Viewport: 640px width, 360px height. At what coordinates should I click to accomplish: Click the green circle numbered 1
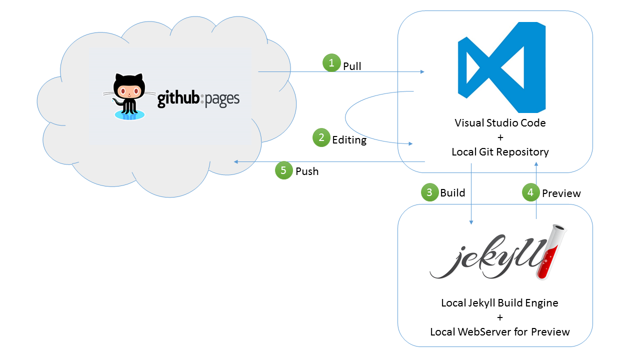tap(331, 63)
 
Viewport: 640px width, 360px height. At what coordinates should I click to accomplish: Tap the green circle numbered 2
tap(321, 137)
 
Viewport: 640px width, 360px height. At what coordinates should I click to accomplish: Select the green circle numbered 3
tap(429, 192)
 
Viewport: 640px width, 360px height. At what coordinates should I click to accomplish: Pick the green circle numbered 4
tap(530, 192)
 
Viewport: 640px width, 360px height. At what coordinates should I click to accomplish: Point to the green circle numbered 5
tap(283, 170)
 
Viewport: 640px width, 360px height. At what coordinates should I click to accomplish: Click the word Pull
tap(352, 66)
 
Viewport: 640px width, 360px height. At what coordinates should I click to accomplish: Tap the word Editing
tap(349, 140)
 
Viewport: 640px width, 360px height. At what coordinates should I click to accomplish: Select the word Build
tap(452, 193)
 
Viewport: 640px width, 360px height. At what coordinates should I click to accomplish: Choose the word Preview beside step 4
tap(561, 193)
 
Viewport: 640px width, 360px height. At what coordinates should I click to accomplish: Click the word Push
tap(307, 171)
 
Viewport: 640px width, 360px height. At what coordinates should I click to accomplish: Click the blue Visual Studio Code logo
tap(501, 67)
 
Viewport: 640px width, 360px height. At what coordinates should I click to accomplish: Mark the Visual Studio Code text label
tap(500, 123)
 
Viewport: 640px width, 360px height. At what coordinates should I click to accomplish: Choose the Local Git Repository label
tap(500, 152)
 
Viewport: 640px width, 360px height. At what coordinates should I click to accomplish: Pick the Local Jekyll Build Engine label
tap(499, 303)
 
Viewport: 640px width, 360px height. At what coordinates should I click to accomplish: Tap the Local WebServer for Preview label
tap(500, 331)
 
